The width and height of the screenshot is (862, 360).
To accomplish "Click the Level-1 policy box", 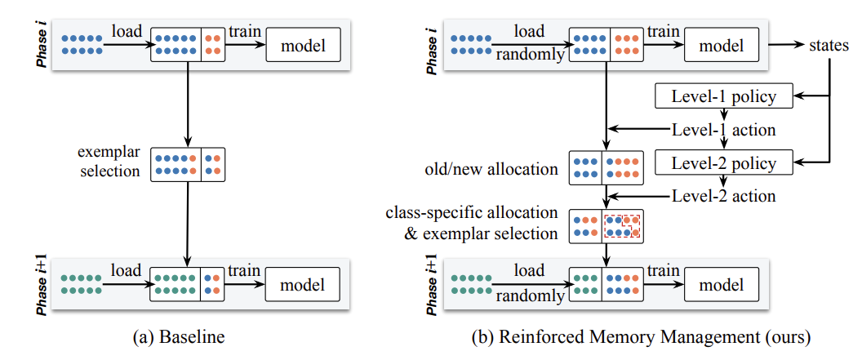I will click(x=724, y=98).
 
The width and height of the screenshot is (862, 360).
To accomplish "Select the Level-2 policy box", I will click(x=724, y=162).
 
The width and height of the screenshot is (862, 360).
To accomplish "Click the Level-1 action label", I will click(x=723, y=130).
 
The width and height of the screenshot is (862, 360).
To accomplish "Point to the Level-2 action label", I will click(x=723, y=196).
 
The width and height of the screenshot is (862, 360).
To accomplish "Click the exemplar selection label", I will click(x=109, y=162).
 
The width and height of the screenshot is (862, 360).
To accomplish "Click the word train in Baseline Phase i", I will click(x=244, y=32).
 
